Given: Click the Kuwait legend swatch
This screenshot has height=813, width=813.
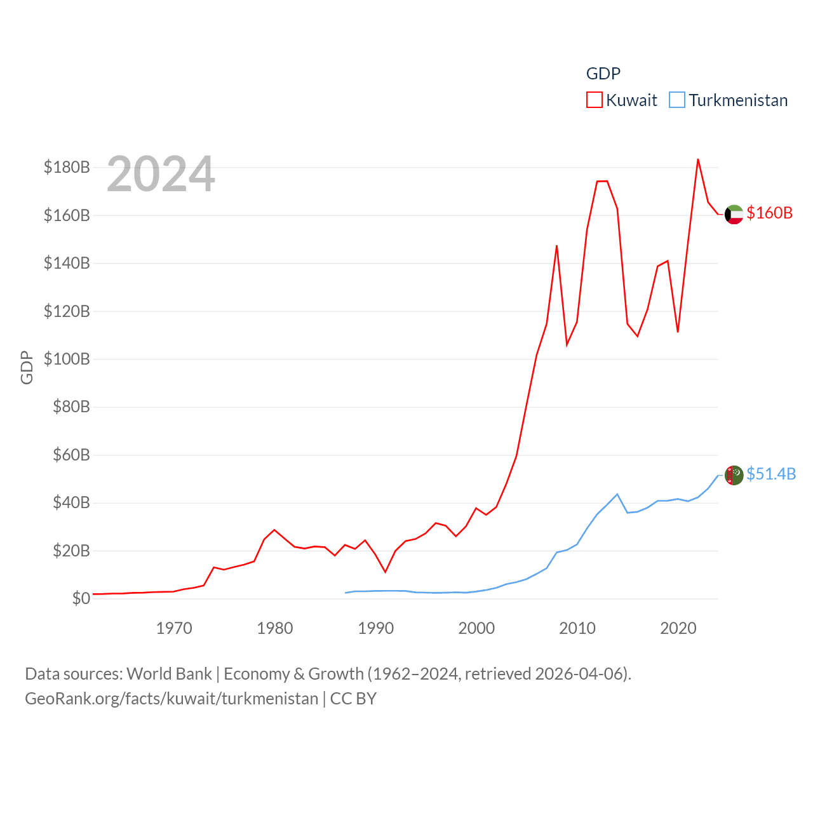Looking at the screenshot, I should (x=594, y=100).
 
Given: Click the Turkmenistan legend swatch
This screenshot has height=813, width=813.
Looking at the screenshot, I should (x=677, y=100).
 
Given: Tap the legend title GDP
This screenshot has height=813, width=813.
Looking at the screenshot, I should (x=603, y=74).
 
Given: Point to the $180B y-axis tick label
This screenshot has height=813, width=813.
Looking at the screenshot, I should (x=67, y=167).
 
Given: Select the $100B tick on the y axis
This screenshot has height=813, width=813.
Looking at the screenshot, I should (x=67, y=359).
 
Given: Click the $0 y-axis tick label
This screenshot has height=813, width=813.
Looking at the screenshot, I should (x=81, y=598).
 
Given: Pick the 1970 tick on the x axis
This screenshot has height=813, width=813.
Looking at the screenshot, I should (x=174, y=628).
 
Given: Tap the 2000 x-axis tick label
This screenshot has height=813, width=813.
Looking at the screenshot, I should (x=476, y=628).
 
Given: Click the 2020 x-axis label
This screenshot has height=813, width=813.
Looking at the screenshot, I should (x=678, y=628).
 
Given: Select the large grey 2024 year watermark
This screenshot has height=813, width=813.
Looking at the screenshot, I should (x=161, y=174).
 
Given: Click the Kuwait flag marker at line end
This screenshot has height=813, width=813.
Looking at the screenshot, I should (x=734, y=215).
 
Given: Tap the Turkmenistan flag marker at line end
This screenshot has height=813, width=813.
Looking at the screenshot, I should (x=734, y=475).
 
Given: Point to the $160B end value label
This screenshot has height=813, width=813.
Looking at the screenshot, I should (x=769, y=213).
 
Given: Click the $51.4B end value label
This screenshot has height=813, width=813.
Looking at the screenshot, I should (x=771, y=474).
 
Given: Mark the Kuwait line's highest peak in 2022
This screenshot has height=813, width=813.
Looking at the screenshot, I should (x=698, y=159).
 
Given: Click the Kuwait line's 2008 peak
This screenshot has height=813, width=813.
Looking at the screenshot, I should (x=556, y=246).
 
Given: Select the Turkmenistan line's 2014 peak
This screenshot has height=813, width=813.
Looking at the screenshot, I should (x=617, y=494).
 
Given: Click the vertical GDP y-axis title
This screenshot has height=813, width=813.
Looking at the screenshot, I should (x=27, y=367).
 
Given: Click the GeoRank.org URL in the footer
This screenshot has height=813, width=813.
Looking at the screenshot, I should (x=171, y=699).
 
